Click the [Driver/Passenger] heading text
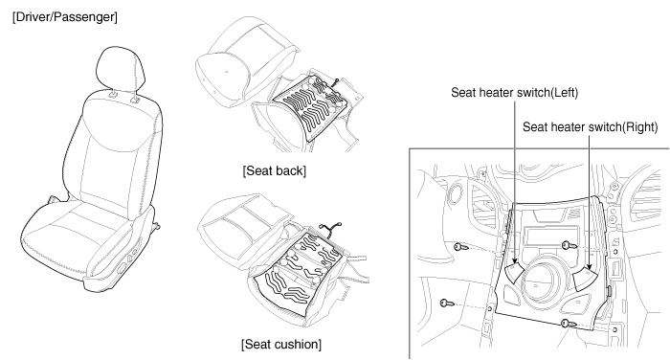(65, 17)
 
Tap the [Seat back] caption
(275, 170)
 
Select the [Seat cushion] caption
(281, 344)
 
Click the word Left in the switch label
(565, 92)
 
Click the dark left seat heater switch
(515, 273)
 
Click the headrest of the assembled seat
(121, 71)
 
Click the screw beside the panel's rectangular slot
(569, 245)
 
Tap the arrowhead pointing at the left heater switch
(515, 261)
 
